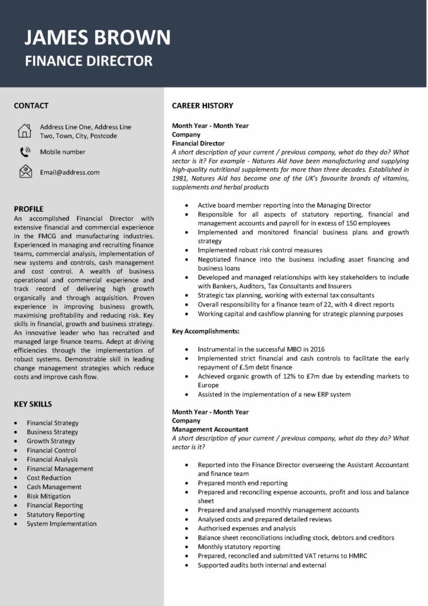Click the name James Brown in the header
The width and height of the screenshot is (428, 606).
98,38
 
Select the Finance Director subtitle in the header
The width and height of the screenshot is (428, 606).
89,60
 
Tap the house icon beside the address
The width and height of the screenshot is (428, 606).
24,131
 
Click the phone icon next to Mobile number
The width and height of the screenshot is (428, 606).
25,152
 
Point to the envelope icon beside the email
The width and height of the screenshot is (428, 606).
25,172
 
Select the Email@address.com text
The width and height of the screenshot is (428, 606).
70,172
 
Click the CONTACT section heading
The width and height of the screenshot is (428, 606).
31,106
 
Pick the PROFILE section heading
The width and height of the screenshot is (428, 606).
28,209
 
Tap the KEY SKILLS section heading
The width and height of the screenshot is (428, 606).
33,404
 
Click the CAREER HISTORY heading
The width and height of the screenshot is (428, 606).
202,106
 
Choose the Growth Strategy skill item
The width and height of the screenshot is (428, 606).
51,441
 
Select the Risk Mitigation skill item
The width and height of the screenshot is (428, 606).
48,496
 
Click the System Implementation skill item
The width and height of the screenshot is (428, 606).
61,524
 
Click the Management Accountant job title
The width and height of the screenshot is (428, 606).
210,429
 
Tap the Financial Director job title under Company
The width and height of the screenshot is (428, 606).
198,143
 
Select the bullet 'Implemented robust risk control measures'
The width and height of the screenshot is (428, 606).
260,250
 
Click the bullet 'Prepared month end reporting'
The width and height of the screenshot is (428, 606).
242,483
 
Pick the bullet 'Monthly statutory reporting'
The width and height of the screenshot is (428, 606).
239,547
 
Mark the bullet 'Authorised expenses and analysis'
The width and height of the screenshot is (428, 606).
247,528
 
